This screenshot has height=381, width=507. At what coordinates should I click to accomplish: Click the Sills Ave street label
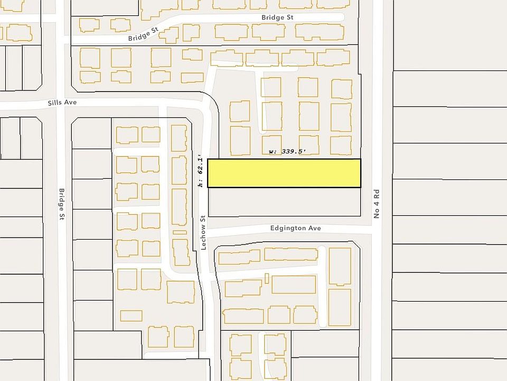(62, 103)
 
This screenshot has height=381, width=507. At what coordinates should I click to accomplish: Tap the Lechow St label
(203, 232)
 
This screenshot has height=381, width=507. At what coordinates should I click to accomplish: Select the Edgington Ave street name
(295, 228)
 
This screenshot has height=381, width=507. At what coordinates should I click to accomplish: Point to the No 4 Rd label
(377, 204)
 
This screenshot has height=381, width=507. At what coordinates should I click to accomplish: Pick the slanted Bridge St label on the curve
(143, 37)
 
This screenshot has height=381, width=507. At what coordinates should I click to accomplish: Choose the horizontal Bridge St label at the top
(277, 17)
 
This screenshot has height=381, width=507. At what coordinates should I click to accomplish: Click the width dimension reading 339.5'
(288, 152)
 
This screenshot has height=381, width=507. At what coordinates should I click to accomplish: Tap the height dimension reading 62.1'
(200, 171)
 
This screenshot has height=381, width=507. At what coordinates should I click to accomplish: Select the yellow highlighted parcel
(284, 173)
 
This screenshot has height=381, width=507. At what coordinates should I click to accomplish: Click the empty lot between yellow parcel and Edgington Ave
(284, 202)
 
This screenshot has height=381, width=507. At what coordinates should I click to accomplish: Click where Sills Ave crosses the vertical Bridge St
(63, 104)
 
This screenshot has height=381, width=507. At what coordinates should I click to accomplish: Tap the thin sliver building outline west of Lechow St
(180, 232)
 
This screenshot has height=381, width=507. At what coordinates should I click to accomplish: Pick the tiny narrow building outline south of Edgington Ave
(267, 278)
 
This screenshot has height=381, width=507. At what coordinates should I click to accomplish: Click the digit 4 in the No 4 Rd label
(377, 203)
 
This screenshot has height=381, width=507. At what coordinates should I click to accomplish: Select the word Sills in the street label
(55, 103)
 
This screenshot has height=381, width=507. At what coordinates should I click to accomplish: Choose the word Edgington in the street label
(288, 228)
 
